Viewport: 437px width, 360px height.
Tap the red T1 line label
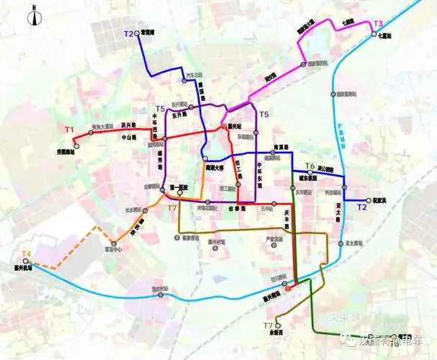[69, 130]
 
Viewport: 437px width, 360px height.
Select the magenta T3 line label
[378, 24]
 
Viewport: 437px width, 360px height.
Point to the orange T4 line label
[27, 253]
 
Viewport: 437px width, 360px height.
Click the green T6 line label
[310, 166]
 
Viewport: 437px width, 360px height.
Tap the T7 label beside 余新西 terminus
[257, 326]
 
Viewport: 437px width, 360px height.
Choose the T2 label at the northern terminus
[129, 34]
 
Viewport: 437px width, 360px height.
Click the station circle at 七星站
[374, 34]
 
